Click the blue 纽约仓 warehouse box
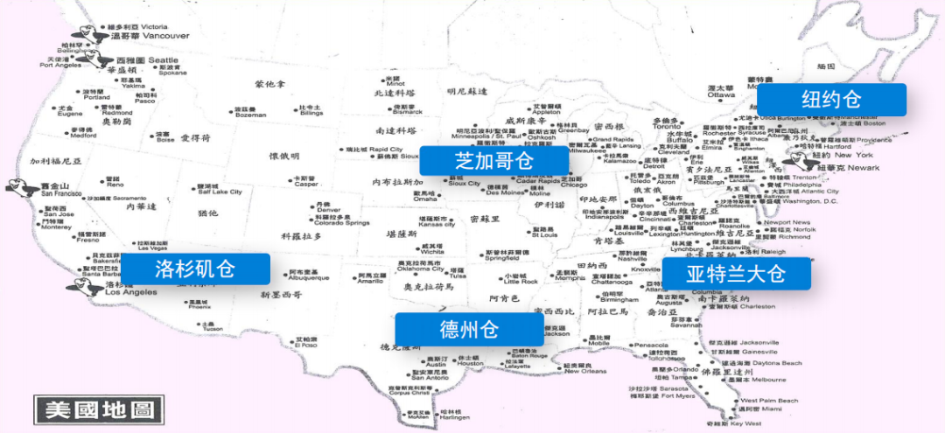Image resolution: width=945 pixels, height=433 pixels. (x=831, y=100)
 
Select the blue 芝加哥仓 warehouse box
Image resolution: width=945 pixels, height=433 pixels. (x=493, y=161)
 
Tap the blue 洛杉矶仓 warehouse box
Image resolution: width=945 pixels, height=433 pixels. (x=194, y=269)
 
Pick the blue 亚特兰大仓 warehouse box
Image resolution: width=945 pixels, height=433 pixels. (x=736, y=274)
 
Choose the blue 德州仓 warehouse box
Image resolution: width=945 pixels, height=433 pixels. (x=468, y=329)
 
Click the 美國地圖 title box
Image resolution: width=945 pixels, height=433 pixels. (x=98, y=409)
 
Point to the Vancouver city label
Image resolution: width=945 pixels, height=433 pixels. (x=165, y=36)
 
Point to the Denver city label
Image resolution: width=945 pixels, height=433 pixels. (x=327, y=210)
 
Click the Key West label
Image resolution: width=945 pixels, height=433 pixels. (x=746, y=423)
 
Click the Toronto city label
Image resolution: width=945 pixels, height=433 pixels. (x=667, y=126)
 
